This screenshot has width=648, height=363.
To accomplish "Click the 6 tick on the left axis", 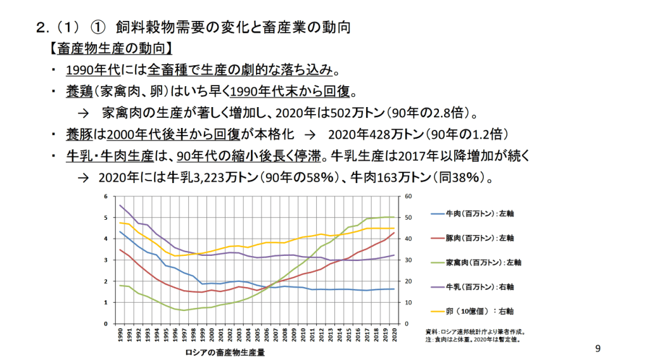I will point(106,196).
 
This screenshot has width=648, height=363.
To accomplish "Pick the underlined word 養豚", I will point(78,134).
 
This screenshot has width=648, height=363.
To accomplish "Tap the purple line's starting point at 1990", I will point(120,205).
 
